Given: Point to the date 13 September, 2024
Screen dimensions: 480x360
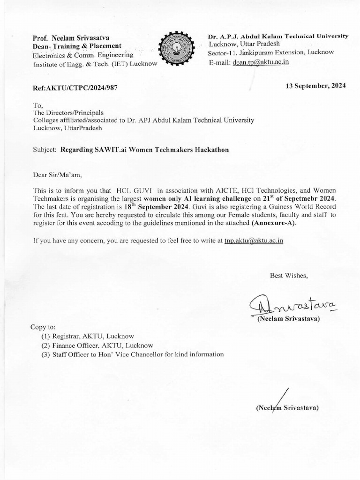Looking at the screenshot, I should point(315,85).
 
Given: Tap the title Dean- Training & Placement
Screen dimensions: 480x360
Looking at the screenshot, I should point(77,46).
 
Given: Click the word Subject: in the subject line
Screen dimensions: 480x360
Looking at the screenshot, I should point(45,150).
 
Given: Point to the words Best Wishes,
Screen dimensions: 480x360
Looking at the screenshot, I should point(288,275).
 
